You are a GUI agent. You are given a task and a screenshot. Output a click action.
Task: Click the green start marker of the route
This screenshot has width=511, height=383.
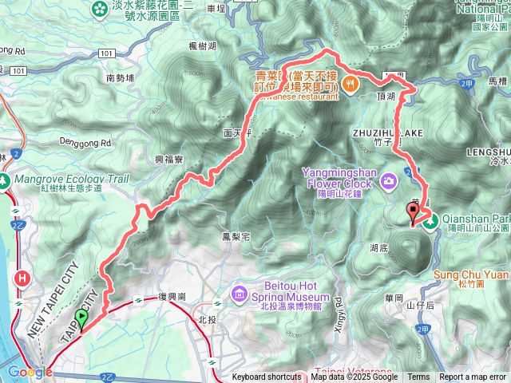click(x=81, y=320)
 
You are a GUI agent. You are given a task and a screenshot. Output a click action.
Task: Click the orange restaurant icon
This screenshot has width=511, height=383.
click(x=348, y=82)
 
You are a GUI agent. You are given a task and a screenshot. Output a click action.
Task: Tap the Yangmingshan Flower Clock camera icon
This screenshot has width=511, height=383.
click(x=389, y=181)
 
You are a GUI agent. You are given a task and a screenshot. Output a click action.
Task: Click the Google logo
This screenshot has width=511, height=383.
click(x=25, y=372)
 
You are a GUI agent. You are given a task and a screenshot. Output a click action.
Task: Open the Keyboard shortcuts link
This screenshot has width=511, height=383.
click(x=267, y=377)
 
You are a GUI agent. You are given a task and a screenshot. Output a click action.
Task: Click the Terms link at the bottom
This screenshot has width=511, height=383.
click(x=418, y=377)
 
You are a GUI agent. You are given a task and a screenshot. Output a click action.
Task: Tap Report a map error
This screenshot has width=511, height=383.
click(x=473, y=377)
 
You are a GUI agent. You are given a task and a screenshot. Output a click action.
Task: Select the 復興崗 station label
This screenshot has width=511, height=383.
click(x=172, y=297)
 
